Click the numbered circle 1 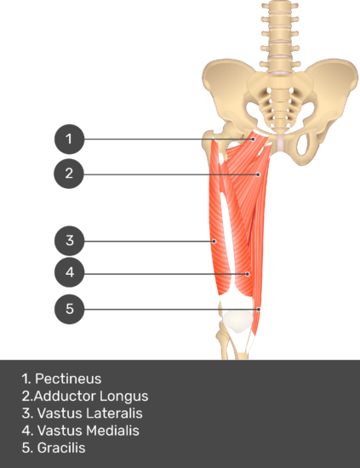[69, 139]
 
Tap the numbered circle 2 [69, 174]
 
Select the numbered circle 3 [69, 241]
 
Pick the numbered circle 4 [69, 272]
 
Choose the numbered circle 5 [69, 309]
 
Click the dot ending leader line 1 [253, 139]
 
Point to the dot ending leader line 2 [258, 174]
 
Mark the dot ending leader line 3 [214, 241]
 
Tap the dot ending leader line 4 [248, 274]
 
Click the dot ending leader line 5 [259, 310]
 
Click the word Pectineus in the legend [68, 379]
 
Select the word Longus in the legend [123, 397]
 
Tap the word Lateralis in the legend [114, 414]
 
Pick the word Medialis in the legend [112, 431]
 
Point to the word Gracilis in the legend [61, 448]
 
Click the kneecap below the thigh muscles [237, 321]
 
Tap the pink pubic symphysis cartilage [281, 143]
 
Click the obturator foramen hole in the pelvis [304, 144]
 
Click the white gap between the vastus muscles [227, 233]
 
